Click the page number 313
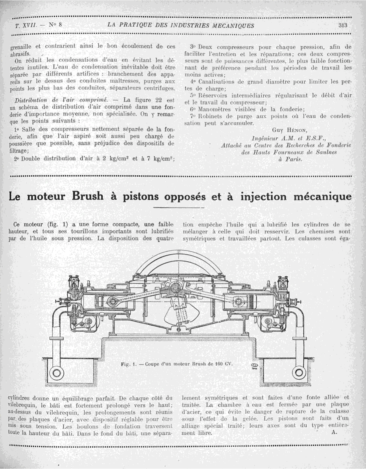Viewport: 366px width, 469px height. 343,26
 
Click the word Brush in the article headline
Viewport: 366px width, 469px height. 88,196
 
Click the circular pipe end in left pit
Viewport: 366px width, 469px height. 56,372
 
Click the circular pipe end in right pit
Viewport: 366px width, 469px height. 299,372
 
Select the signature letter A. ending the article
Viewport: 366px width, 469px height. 335,432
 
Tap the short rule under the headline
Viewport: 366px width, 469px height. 179,207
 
